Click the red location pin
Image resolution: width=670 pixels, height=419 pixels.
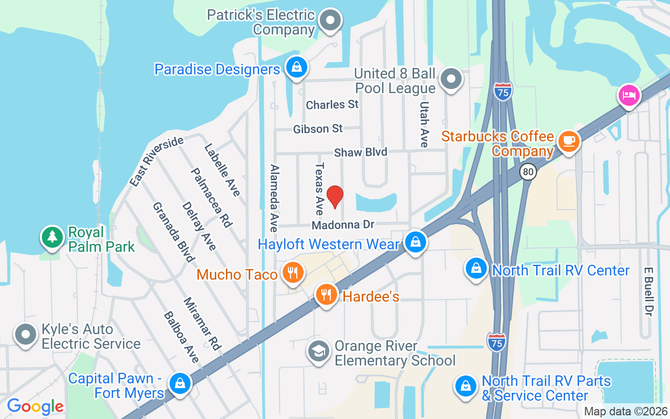(x=334, y=196)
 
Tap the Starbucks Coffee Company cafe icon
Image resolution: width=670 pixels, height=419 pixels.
(x=568, y=141)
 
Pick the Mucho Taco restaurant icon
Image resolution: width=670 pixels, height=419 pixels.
(x=293, y=272)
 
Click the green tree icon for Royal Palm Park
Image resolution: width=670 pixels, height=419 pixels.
(x=52, y=237)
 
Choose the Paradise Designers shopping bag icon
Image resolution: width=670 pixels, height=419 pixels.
(x=297, y=68)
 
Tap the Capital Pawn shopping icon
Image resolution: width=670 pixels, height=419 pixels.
(x=180, y=384)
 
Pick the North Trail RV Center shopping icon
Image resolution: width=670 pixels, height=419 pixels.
(x=476, y=268)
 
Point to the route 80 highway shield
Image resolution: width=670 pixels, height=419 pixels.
(x=529, y=171)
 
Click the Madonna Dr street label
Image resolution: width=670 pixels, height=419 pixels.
(x=343, y=225)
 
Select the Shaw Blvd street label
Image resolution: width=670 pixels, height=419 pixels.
(x=361, y=152)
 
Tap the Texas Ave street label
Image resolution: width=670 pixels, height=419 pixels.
(x=319, y=189)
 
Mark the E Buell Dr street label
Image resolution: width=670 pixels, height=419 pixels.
(x=649, y=292)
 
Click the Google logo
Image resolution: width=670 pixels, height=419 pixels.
(x=35, y=406)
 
